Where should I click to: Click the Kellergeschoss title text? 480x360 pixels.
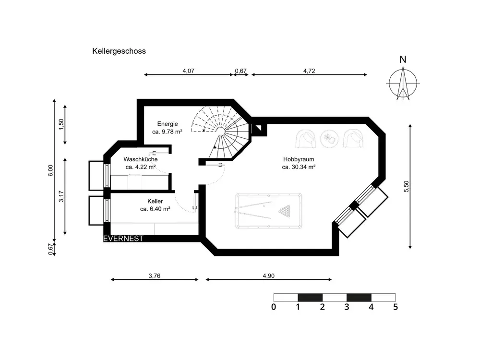[119, 51]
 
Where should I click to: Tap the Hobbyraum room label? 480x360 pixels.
[299, 159]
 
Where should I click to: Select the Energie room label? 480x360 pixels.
[168, 124]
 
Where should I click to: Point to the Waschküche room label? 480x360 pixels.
[141, 159]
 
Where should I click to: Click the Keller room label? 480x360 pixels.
[155, 201]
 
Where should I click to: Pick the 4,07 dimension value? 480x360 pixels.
[189, 71]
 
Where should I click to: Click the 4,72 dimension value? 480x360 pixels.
[309, 71]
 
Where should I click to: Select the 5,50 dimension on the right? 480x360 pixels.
[406, 186]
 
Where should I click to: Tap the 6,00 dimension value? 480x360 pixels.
[50, 170]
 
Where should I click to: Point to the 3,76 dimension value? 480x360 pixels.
[155, 276]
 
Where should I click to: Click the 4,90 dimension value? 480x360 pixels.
[269, 276]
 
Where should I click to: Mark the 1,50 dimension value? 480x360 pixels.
[61, 124]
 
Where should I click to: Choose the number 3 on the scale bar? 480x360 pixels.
[347, 307]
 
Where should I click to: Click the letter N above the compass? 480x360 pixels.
[403, 60]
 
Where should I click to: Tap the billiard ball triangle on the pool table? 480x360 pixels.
[284, 211]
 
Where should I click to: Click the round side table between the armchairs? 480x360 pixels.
[329, 139]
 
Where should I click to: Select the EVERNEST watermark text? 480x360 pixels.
[123, 239]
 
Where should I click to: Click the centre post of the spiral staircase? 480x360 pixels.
[221, 132]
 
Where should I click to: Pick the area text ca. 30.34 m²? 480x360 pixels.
[299, 167]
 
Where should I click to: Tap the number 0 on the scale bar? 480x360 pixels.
[274, 307]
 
